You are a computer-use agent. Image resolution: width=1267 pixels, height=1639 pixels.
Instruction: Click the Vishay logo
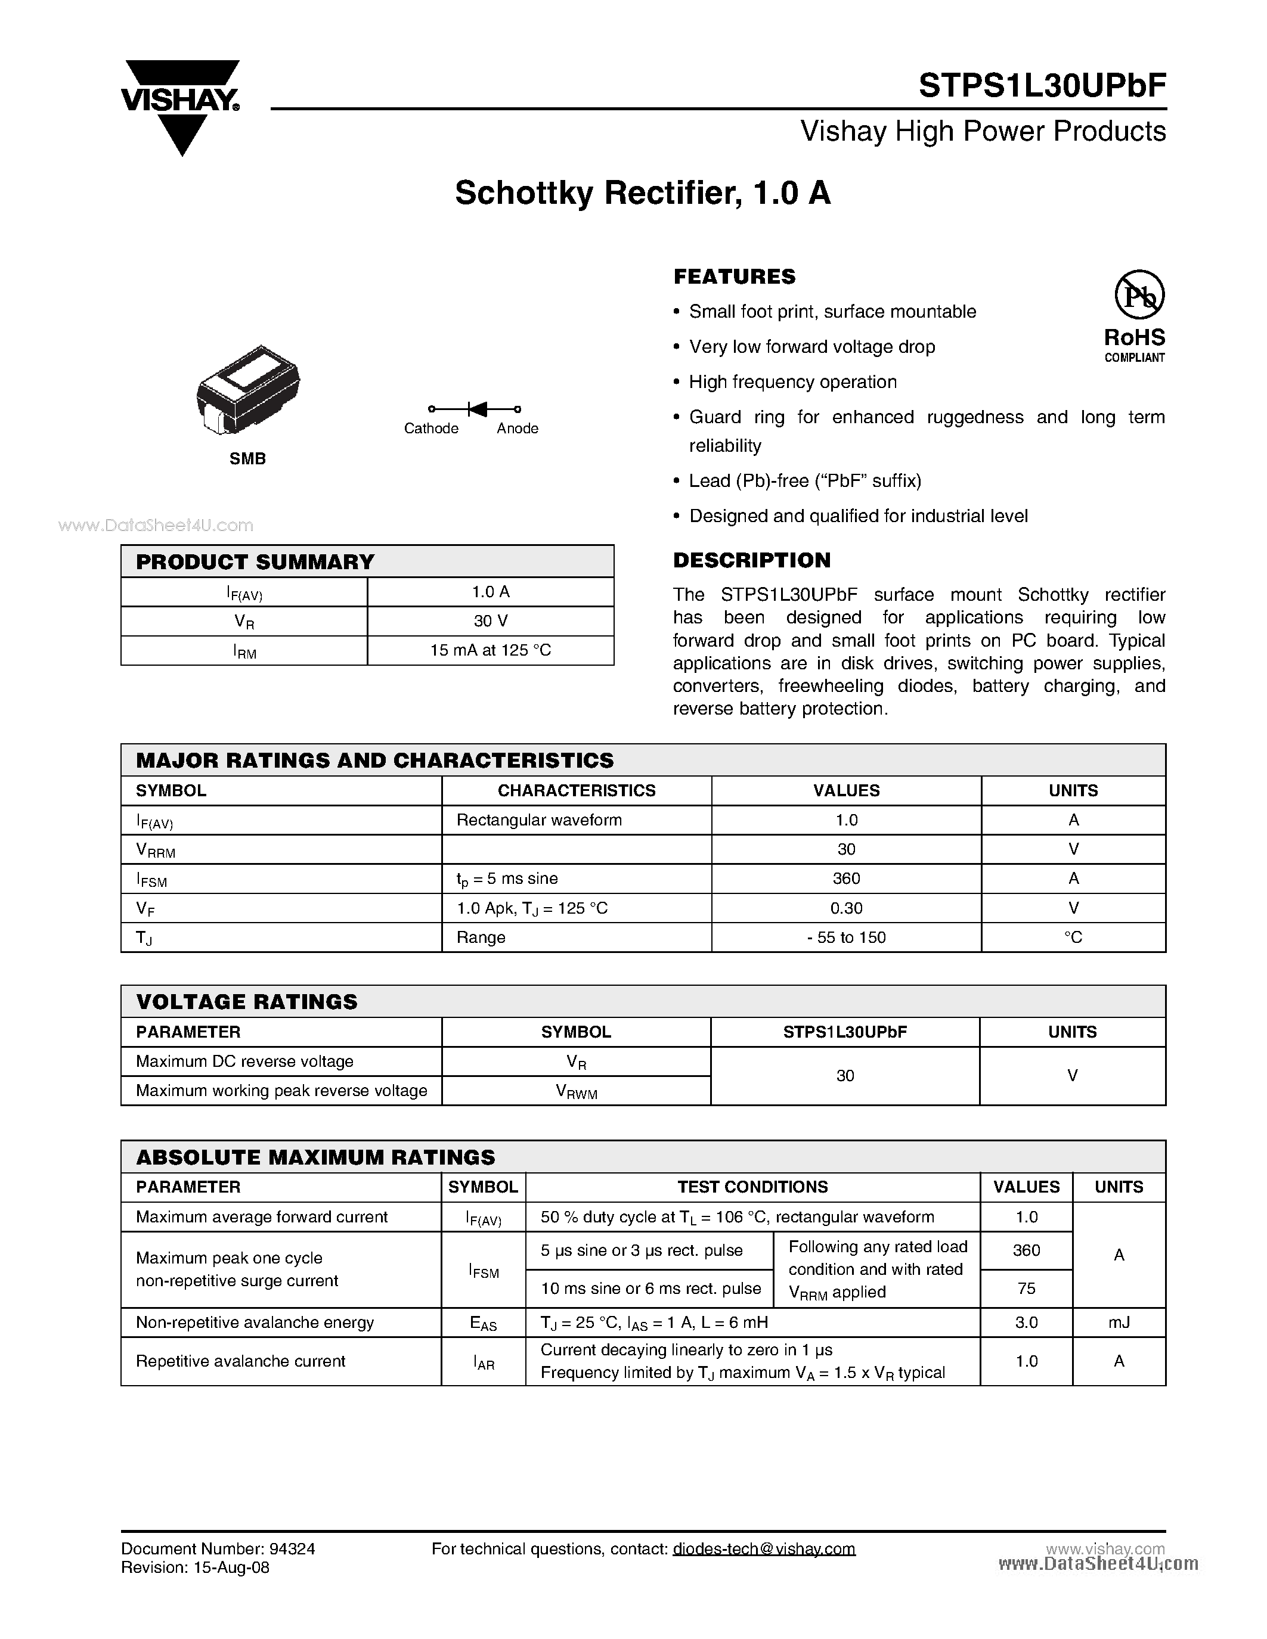181,105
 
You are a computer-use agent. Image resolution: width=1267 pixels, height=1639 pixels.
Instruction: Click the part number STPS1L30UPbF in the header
1042,86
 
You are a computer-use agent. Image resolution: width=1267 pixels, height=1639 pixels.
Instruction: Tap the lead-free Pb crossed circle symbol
1139,295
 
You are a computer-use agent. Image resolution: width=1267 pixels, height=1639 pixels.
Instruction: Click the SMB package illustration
247,389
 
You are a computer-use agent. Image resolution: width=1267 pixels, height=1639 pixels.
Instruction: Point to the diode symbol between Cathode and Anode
476,409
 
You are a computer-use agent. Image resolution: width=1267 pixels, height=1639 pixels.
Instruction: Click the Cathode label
431,429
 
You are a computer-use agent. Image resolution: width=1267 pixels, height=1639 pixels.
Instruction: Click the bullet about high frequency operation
792,382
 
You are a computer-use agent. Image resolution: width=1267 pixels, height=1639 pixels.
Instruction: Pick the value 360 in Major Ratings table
846,878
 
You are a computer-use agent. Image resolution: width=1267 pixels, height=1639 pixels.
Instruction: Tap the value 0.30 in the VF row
846,908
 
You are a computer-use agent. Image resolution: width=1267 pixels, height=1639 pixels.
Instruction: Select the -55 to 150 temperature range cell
846,938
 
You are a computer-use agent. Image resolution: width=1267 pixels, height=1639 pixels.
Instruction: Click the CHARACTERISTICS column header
577,790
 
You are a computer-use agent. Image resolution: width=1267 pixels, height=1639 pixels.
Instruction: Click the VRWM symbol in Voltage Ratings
576,1091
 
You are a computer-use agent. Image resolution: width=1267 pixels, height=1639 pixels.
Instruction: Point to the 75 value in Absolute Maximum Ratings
1026,1289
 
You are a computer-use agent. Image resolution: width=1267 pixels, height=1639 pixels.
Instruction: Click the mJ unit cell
1119,1323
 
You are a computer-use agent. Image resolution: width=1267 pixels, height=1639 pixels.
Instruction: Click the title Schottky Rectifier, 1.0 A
643,193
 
